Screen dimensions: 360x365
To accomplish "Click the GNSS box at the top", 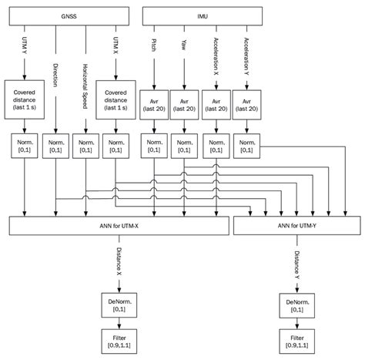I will (x=69, y=15).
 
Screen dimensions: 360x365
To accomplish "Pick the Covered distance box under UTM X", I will (x=116, y=100).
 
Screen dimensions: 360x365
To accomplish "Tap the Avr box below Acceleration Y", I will (x=247, y=102).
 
